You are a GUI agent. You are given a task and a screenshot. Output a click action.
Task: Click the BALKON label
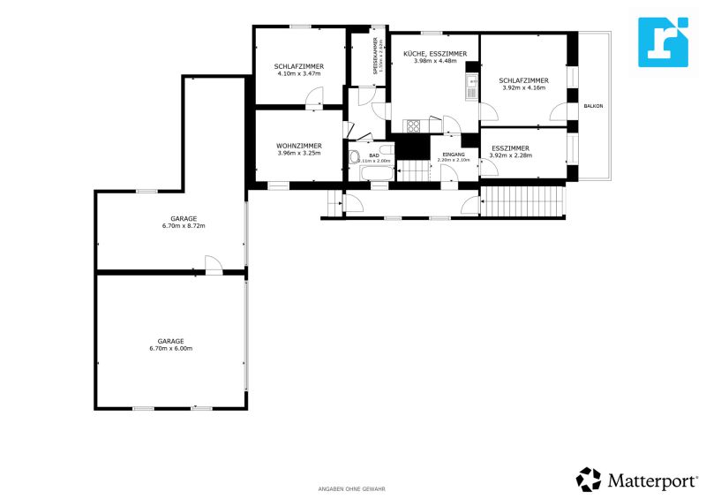pyautogui.click(x=593, y=106)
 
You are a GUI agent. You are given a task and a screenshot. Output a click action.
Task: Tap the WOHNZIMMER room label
pyautogui.click(x=298, y=145)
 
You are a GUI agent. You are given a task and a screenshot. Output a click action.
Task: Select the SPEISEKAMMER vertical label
pyautogui.click(x=375, y=56)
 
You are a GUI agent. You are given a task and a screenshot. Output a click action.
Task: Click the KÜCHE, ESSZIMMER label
pyautogui.click(x=435, y=54)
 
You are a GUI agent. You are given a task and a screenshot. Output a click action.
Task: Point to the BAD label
pyautogui.click(x=374, y=155)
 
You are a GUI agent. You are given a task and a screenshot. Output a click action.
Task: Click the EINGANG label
pyautogui.click(x=447, y=155)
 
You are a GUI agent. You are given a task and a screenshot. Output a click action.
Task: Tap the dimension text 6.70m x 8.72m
pyautogui.click(x=184, y=226)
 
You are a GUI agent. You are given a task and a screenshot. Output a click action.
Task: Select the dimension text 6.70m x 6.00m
pyautogui.click(x=171, y=348)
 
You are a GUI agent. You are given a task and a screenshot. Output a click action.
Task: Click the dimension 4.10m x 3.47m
pyautogui.click(x=298, y=74)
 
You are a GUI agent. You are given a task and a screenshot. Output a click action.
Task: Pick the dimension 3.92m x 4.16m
pyautogui.click(x=523, y=87)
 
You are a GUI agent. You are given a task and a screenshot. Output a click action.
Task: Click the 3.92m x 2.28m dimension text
pyautogui.click(x=510, y=155)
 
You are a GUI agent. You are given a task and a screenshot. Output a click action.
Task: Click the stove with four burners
pyautogui.click(x=414, y=125)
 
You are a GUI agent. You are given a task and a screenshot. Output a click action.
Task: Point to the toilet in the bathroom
pyautogui.click(x=355, y=158)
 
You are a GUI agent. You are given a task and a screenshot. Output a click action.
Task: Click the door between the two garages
pyautogui.click(x=213, y=265)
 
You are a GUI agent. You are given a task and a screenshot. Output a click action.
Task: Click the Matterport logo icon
pyautogui.click(x=589, y=479)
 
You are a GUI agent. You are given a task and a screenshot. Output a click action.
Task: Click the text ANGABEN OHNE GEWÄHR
pyautogui.click(x=351, y=488)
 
